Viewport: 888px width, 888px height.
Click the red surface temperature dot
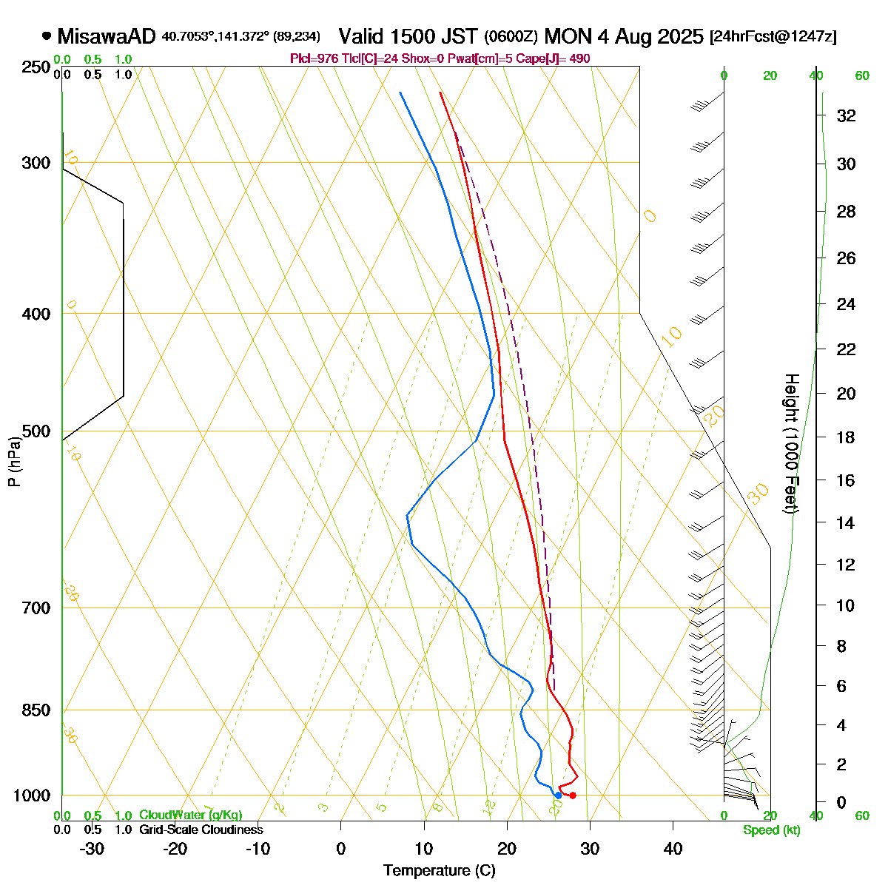(573, 795)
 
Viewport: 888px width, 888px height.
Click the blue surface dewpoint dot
(558, 795)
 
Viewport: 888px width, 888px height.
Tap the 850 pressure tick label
(37, 710)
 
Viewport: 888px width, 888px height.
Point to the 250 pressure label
(37, 67)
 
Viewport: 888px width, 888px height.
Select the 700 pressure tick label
(37, 608)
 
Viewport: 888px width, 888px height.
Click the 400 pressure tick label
(37, 314)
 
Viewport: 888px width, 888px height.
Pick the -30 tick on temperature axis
(91, 849)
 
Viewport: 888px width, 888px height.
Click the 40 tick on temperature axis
(673, 849)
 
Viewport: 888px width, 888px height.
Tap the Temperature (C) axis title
(440, 871)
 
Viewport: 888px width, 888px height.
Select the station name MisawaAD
(107, 36)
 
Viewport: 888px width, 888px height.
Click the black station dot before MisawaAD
(47, 36)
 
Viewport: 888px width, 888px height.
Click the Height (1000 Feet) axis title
(791, 444)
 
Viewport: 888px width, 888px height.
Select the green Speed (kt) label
(772, 830)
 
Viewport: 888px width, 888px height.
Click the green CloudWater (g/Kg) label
(190, 815)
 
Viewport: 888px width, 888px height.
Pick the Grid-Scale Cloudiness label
(201, 830)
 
